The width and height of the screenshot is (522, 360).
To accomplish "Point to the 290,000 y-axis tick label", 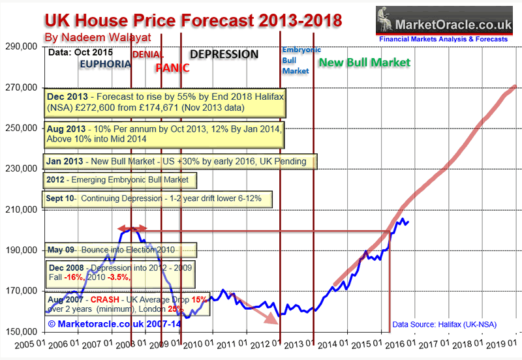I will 21,47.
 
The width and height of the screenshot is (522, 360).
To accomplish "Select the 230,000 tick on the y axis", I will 21,169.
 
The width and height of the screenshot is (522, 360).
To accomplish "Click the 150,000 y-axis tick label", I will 21,332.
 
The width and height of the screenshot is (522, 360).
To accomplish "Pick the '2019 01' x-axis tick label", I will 503,344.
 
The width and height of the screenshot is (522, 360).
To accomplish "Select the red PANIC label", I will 172,67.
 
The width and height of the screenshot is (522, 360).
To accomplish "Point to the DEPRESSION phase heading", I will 224,54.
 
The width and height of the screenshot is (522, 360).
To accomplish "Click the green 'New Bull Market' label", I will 364,63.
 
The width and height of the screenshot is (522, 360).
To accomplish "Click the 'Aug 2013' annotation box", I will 165,134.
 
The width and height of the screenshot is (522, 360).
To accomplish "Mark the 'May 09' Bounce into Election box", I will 121,250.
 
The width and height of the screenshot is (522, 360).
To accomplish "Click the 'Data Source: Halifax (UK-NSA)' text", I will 448,323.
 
